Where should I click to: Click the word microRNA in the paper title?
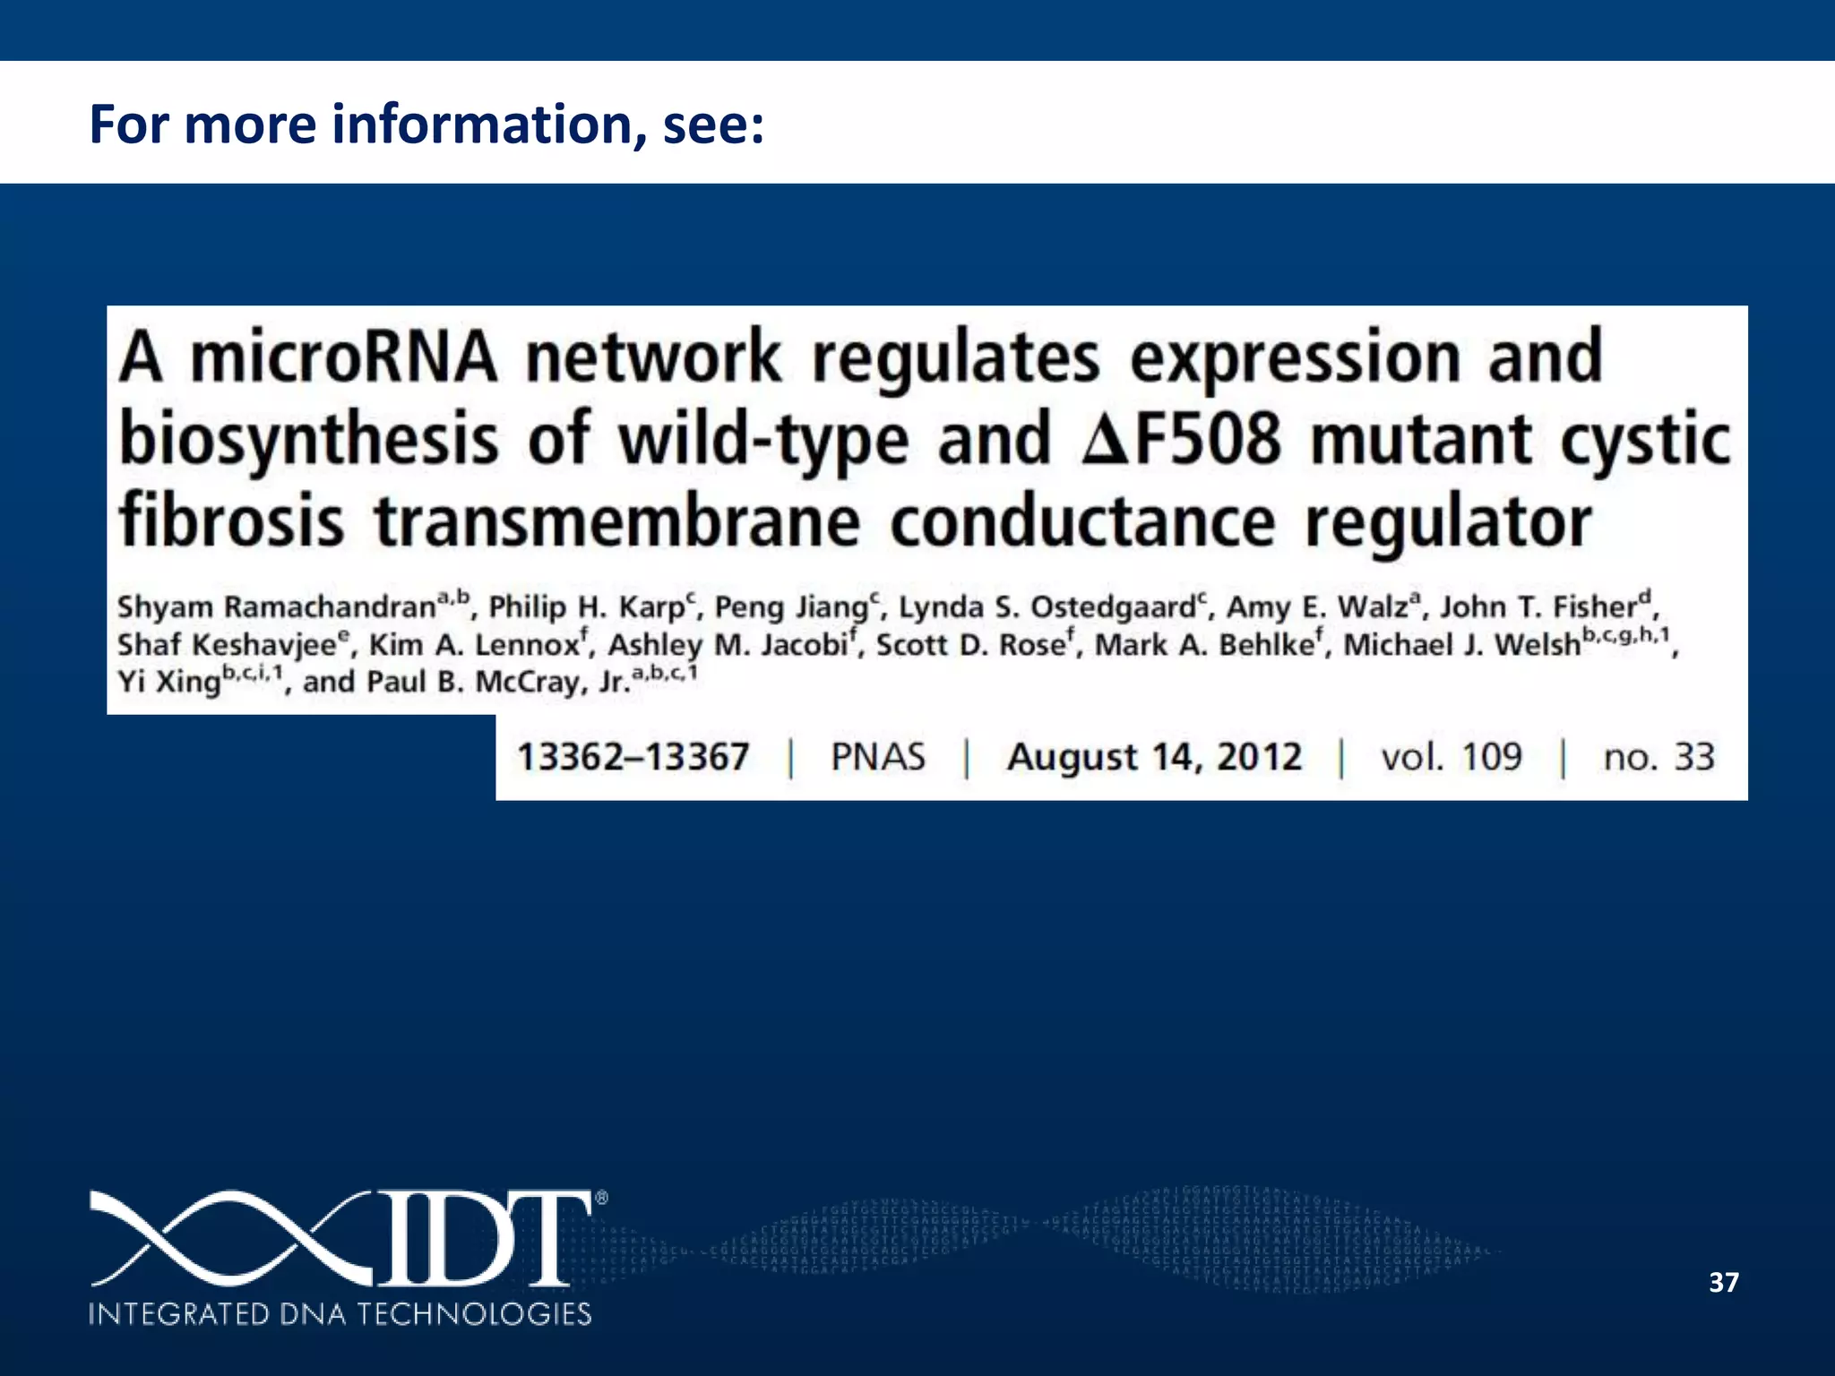(x=343, y=357)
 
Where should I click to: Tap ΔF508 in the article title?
(x=1182, y=439)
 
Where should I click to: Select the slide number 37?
(x=1723, y=1282)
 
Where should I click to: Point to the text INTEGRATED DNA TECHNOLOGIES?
(x=340, y=1314)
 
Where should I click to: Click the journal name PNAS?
(x=877, y=757)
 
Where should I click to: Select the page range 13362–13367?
(x=633, y=757)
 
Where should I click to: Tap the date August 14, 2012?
(x=1154, y=757)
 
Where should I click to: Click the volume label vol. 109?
(x=1451, y=757)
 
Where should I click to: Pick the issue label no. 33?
(x=1658, y=757)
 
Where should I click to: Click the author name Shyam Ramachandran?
(x=276, y=607)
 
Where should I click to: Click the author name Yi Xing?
(x=168, y=682)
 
